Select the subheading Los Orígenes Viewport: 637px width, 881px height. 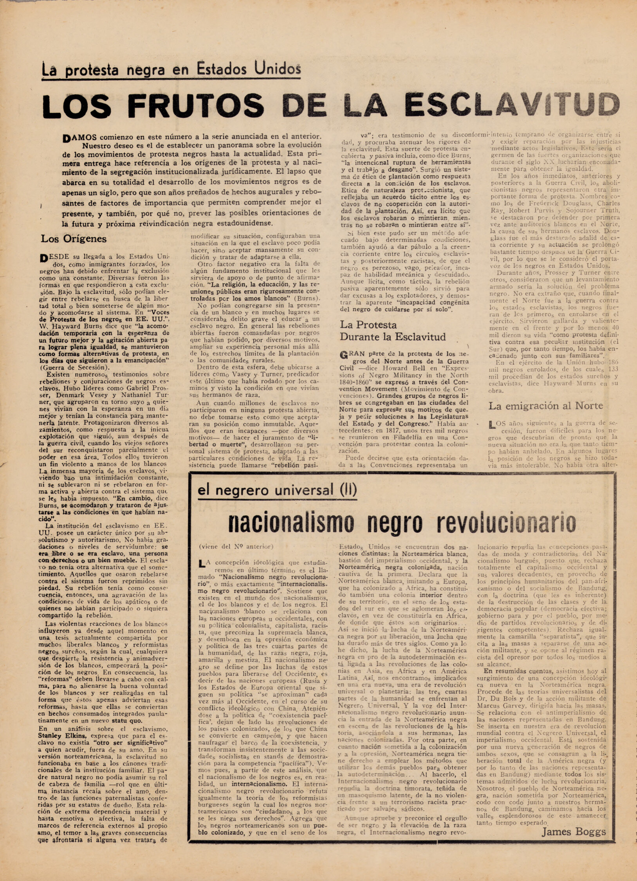point(74,238)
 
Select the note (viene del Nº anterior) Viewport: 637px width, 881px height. point(236,547)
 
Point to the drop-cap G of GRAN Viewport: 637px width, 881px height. point(344,355)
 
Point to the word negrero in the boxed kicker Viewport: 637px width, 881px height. point(241,490)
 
